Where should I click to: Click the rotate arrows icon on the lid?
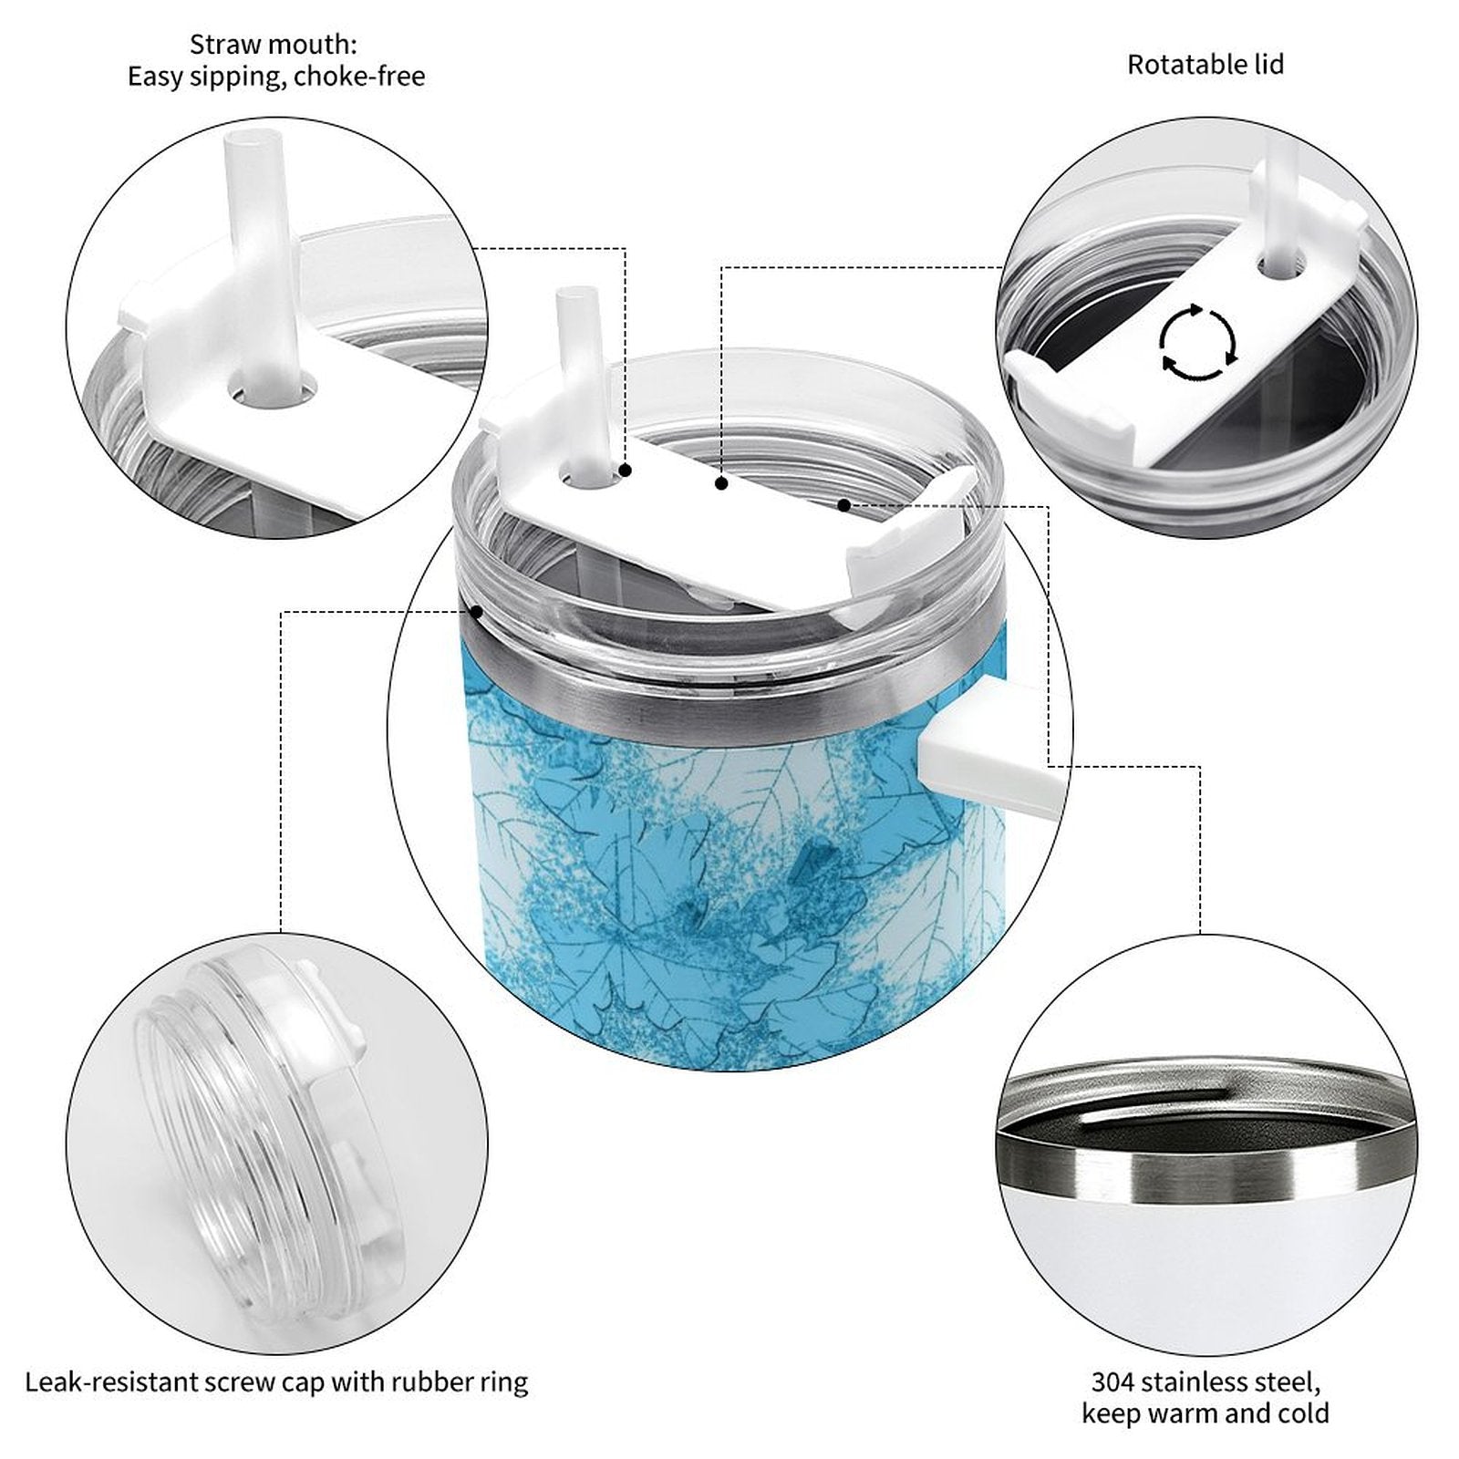(1198, 343)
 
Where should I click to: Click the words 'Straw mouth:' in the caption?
(274, 44)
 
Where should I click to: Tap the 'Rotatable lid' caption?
(1205, 65)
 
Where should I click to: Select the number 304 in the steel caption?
(1114, 1382)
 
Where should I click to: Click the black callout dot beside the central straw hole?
(626, 471)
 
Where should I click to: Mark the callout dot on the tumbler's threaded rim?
(476, 610)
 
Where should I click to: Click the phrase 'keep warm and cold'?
(1205, 1414)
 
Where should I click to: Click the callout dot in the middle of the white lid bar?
(721, 483)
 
